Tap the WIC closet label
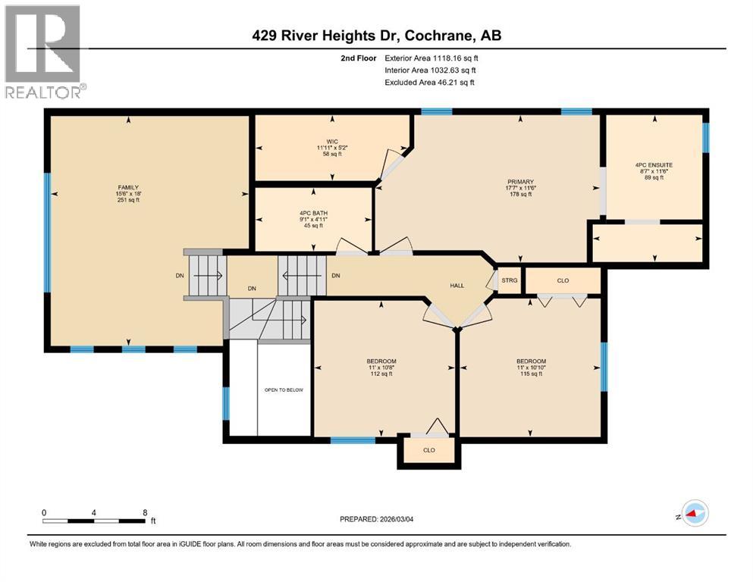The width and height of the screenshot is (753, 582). (331, 141)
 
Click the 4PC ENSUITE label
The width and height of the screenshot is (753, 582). (654, 164)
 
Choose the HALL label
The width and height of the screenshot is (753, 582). (457, 285)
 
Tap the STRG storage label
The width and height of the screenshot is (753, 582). (510, 280)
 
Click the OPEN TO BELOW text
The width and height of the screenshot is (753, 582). (284, 390)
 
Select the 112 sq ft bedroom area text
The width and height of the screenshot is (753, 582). (382, 374)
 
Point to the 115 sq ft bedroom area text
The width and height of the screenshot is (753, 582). (531, 374)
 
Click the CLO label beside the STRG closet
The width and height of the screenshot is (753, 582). (563, 280)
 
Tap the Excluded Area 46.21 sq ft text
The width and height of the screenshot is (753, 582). (430, 82)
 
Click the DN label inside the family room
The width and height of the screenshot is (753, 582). (180, 276)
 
